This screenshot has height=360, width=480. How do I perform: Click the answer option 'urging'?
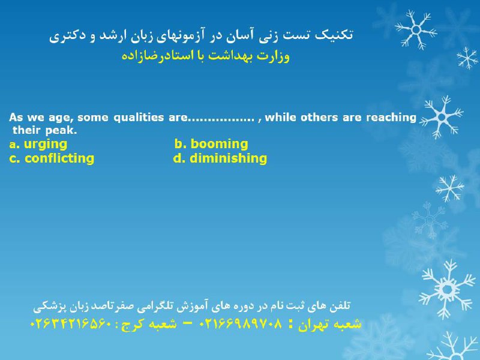point(46,145)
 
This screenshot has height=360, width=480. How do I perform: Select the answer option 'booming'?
point(219,143)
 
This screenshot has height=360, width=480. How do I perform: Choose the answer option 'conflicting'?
point(59,158)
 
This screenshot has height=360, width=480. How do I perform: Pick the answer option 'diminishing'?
point(229,158)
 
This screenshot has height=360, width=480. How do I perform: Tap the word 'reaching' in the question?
point(391,118)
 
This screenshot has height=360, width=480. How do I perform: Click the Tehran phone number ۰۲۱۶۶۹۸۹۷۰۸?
point(241,323)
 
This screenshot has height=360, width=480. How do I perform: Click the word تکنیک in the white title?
point(334,35)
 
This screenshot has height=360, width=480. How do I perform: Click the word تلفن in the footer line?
point(340,305)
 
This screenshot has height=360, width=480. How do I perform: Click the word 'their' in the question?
point(27,130)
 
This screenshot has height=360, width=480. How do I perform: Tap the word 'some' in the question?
point(93,118)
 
